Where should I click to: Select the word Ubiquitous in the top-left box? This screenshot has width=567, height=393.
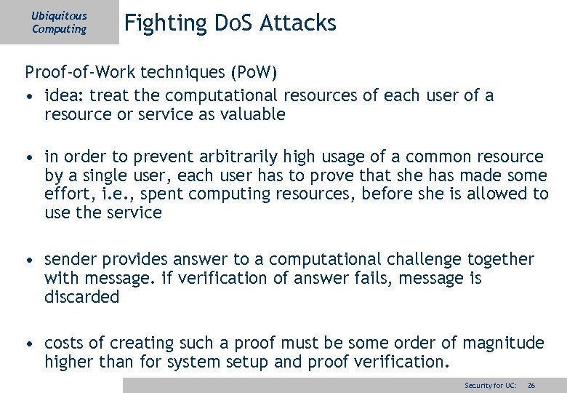pos(59,15)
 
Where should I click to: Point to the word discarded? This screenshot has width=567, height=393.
pos(81,297)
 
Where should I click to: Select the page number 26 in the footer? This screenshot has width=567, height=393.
pos(531,385)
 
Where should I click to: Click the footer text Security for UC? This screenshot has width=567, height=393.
pos(490,385)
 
